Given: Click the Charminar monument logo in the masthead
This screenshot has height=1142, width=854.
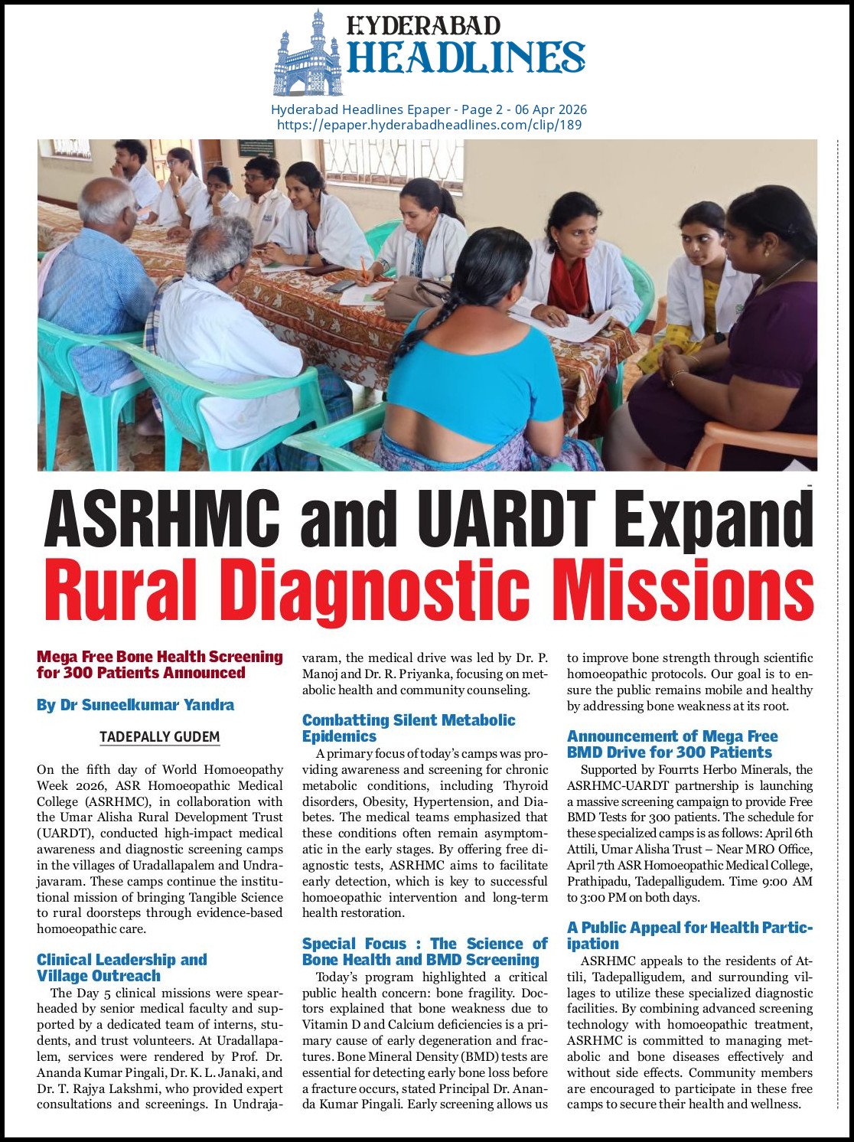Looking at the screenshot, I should pos(308,54).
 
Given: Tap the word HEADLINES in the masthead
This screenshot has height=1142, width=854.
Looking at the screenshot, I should pos(466,57).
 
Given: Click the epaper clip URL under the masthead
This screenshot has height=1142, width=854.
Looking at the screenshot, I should pos(429,124).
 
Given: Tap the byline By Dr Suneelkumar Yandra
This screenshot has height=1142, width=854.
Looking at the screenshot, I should pos(135,705).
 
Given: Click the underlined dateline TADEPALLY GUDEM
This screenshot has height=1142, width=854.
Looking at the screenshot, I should pos(159,737).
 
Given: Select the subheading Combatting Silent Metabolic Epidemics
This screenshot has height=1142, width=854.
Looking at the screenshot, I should pos(409,728).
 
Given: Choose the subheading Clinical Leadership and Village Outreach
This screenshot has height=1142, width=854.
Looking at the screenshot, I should pos(122,967).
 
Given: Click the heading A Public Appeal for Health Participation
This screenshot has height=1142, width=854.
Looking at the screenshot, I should pos(689,935).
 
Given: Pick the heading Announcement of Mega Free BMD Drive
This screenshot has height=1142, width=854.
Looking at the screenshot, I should pos(672,744).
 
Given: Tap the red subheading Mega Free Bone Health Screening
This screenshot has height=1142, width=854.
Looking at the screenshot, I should pos(159,664).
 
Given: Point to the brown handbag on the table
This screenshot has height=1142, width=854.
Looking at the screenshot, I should pos(413,299).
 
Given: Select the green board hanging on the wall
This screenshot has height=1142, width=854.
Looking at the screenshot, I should pos(256,148).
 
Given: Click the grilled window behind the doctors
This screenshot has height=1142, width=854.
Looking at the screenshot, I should pos(392,162).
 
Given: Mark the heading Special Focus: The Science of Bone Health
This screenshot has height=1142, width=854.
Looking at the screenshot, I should pos(425,951).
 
